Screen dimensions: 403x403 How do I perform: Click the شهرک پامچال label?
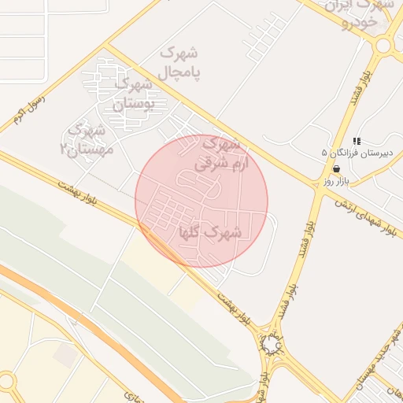click(x=180, y=62)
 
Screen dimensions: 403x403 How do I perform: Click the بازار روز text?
click(x=335, y=182)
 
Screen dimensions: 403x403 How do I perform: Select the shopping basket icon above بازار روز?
click(x=337, y=168)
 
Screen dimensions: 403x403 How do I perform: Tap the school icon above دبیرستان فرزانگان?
click(x=357, y=141)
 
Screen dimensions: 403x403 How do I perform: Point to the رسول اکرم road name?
click(x=30, y=109)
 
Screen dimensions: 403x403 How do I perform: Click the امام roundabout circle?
click(x=272, y=344)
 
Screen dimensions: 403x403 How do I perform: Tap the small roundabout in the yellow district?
click(x=6, y=382)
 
